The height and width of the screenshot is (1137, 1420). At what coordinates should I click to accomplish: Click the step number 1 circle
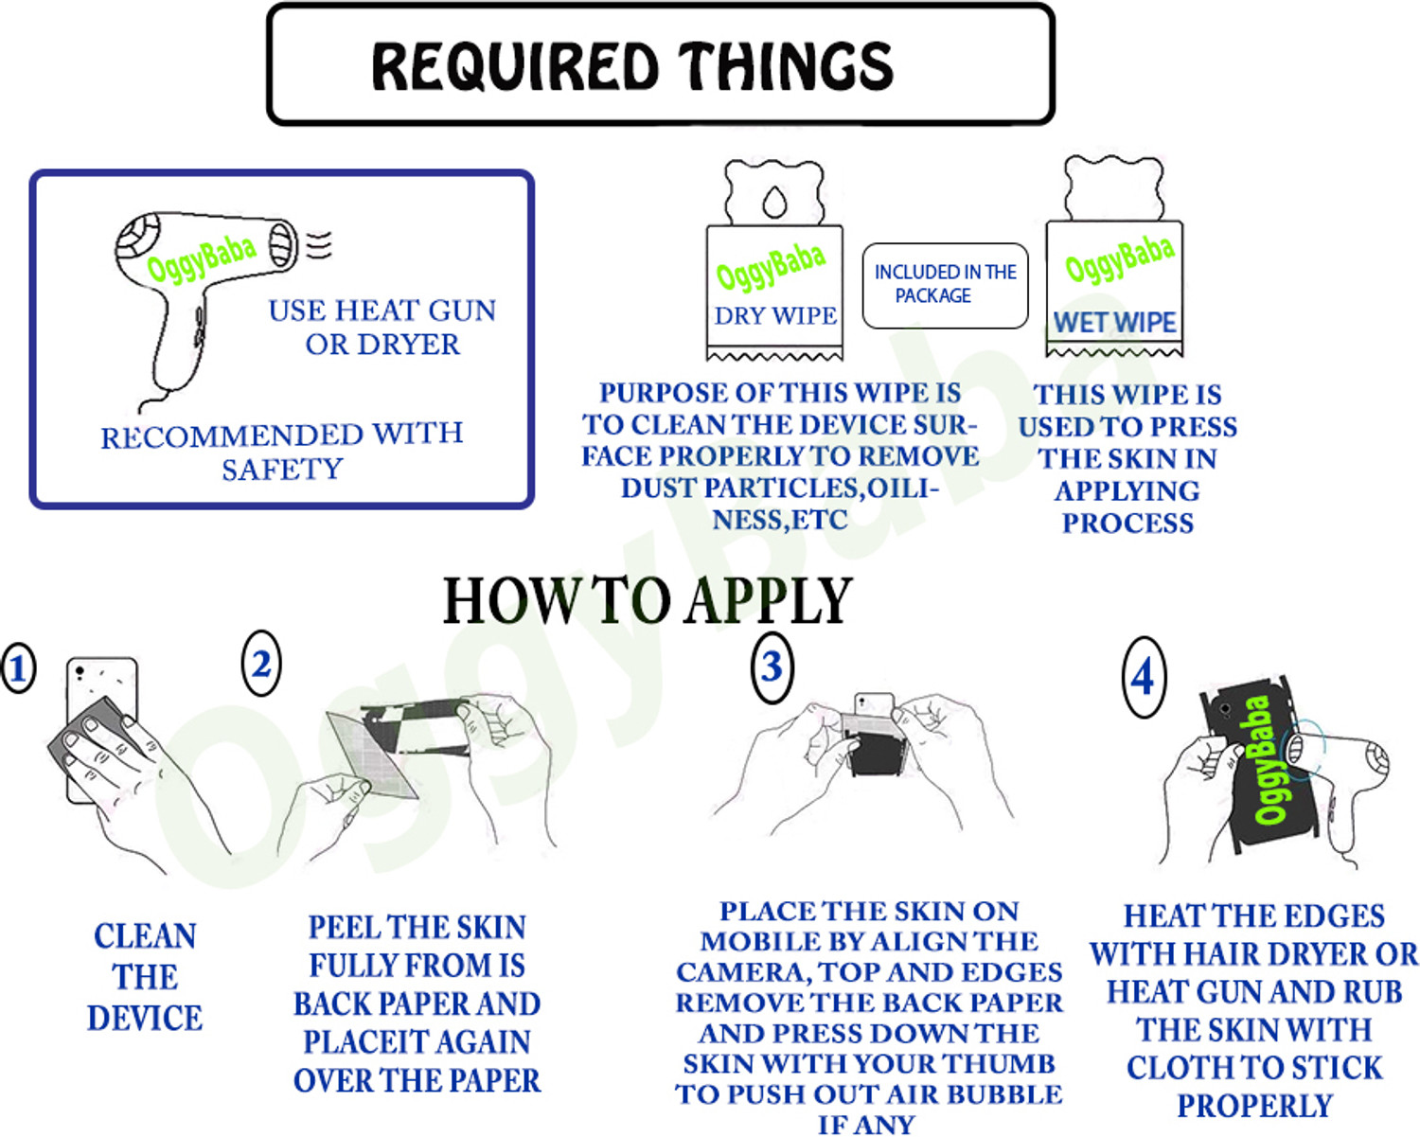click(18, 667)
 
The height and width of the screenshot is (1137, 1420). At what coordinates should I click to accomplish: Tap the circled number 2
click(261, 664)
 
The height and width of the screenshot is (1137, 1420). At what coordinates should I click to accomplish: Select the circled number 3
click(772, 667)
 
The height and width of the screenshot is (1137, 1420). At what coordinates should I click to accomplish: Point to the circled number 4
click(1144, 677)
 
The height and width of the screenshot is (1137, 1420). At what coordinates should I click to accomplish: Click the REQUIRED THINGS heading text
click(632, 65)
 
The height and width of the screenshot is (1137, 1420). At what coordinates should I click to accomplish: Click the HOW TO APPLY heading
click(648, 599)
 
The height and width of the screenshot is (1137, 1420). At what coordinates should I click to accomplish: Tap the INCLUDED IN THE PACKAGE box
click(945, 285)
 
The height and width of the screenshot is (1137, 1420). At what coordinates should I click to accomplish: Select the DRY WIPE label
click(775, 316)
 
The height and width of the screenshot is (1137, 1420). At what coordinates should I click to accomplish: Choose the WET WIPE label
click(1114, 323)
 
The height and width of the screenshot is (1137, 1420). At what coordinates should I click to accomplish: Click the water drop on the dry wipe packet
click(774, 201)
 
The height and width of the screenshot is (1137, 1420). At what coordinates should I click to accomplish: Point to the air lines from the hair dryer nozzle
click(319, 245)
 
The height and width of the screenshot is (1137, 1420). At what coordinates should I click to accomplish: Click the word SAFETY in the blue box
click(282, 470)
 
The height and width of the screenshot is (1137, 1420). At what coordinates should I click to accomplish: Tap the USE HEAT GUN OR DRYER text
click(382, 328)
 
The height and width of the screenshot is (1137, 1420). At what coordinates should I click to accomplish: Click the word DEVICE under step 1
click(145, 1019)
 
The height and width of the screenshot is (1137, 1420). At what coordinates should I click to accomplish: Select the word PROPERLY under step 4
click(1254, 1107)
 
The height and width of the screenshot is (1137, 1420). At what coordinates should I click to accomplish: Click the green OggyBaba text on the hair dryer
click(202, 258)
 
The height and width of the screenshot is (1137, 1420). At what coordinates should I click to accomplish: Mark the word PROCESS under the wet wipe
click(1127, 524)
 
